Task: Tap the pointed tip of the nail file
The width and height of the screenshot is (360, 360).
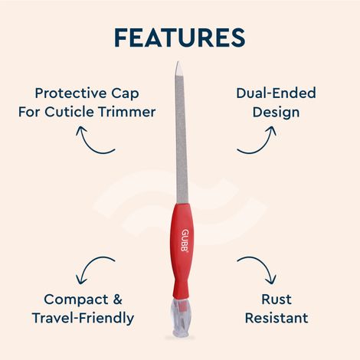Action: (x=177, y=67)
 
